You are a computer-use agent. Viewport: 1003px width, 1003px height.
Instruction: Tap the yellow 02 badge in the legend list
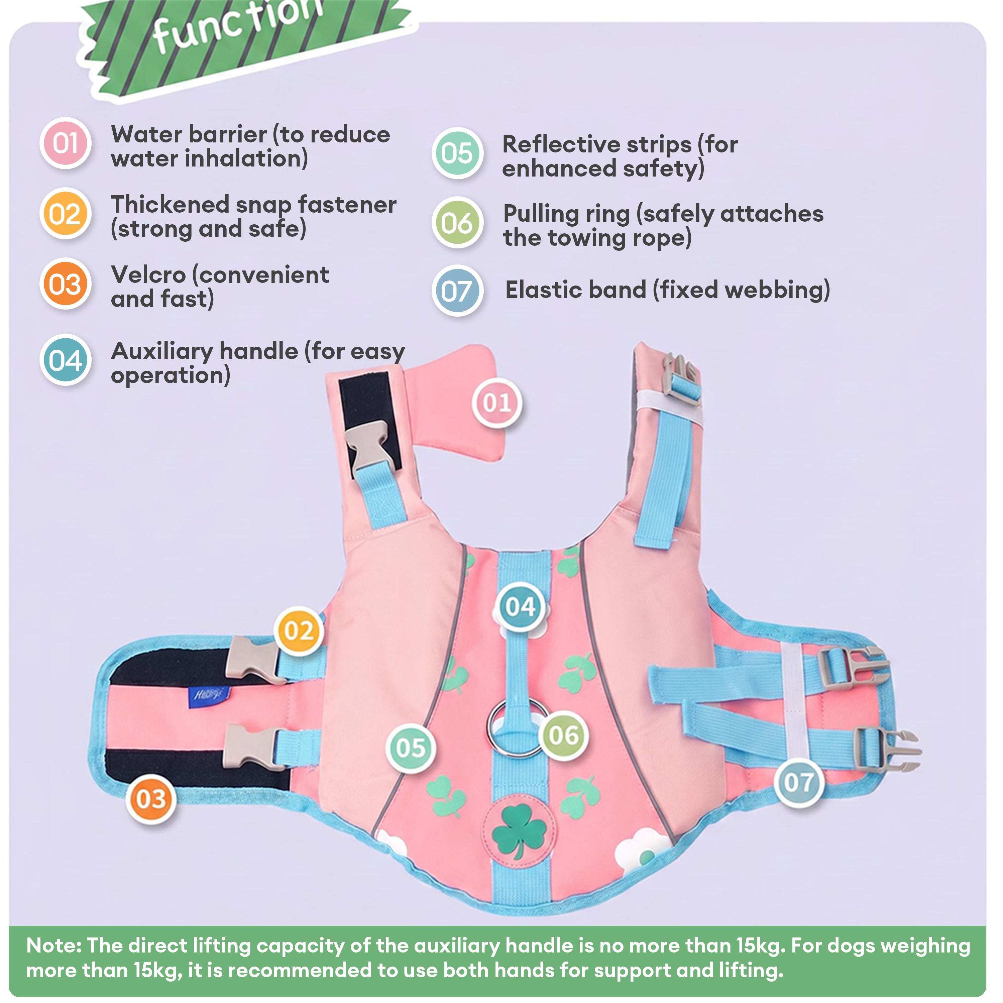tap(66, 213)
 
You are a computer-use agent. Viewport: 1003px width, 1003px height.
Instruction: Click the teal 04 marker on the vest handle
tap(520, 606)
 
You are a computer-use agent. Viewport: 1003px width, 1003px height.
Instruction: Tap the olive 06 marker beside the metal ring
tap(564, 735)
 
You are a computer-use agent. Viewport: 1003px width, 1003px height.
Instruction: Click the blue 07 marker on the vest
tap(799, 782)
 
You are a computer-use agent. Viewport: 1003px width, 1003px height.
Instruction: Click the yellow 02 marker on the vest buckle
tap(299, 631)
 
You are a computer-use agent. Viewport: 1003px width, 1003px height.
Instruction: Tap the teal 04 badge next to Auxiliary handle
tap(66, 360)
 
